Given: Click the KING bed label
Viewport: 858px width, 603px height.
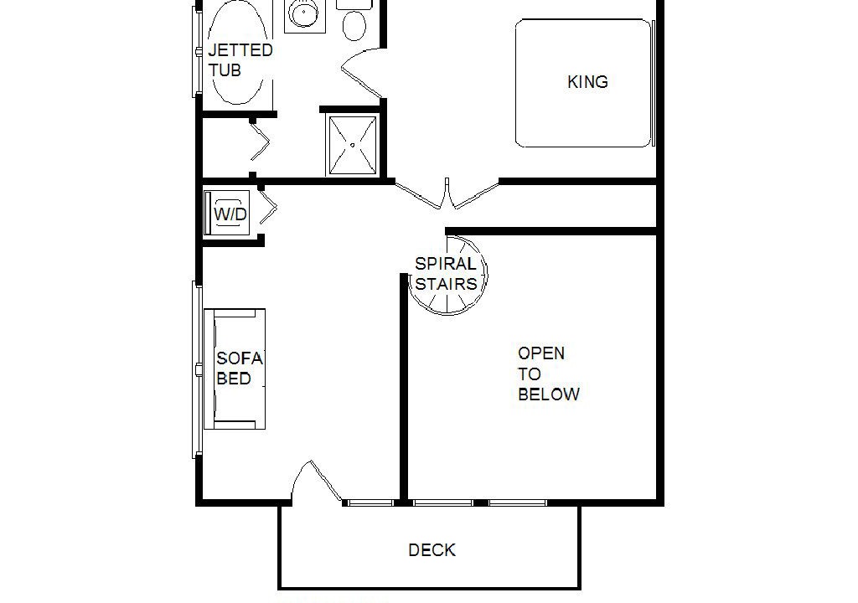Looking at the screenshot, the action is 587,82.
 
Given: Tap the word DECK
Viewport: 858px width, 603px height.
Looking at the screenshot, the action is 432,550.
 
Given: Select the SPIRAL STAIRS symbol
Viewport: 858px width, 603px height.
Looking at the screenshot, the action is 448,275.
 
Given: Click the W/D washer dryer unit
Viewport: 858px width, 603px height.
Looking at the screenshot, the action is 228,214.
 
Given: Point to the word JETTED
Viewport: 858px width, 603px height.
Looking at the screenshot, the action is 240,50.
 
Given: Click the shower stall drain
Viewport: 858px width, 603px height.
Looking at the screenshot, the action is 353,145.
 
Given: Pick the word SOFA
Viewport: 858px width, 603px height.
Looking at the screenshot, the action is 240,358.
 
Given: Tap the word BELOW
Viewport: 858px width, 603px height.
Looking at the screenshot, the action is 549,394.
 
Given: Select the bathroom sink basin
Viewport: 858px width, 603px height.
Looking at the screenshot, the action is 301,13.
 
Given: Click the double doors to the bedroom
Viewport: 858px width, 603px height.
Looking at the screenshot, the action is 447,193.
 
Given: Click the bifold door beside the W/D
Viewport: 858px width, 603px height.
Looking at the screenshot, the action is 268,207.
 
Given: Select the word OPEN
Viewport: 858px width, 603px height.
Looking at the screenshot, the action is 541,353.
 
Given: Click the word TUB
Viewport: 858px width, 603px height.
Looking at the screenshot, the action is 225,70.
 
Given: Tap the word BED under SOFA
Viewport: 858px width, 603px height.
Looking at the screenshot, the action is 234,379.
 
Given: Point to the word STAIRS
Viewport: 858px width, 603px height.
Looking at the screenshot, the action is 446,284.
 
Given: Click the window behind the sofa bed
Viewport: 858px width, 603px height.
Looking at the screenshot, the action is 197,369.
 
